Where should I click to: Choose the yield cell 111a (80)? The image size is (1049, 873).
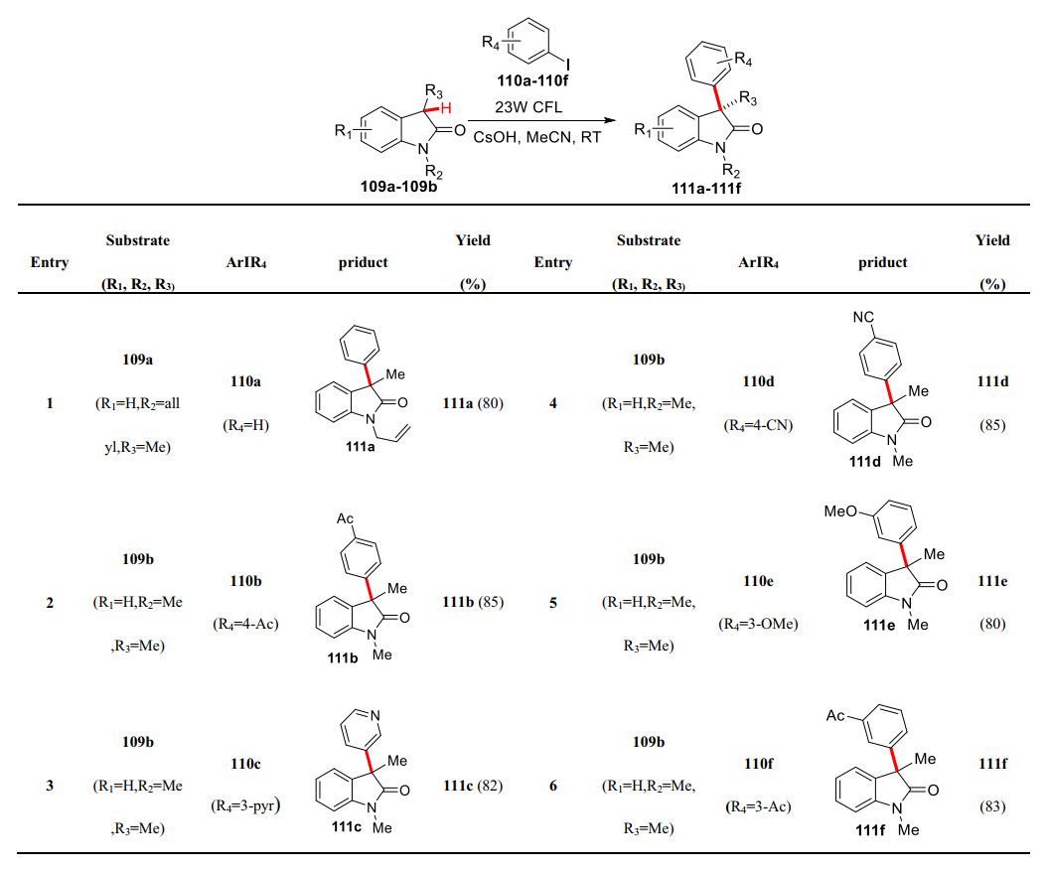[472, 404]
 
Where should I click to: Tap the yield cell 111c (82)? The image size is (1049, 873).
[472, 786]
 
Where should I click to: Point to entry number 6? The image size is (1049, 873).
[552, 786]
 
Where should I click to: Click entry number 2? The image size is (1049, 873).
[50, 602]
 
